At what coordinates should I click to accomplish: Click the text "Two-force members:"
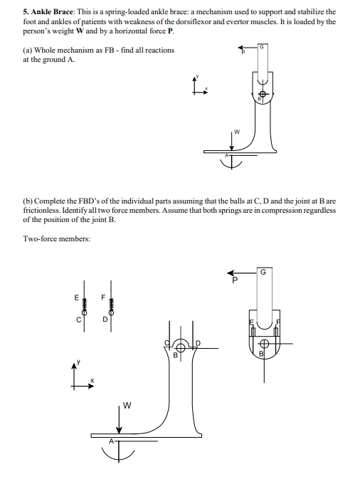57,239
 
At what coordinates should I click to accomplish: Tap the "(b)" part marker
28,201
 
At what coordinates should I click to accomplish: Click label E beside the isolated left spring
76,298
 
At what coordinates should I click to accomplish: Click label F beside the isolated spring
103,298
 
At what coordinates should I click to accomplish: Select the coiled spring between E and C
84,306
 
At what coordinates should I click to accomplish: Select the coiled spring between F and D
111,306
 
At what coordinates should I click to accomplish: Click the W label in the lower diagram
127,405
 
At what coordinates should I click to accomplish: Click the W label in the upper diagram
237,132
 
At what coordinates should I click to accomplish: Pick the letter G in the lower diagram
263,272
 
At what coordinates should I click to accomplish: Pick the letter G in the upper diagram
261,47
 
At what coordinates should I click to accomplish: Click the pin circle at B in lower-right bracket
264,343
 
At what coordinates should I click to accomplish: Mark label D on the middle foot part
198,343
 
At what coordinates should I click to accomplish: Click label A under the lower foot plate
112,441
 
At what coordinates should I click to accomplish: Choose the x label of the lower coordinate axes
92,380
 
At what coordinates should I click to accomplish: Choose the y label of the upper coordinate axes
197,76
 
